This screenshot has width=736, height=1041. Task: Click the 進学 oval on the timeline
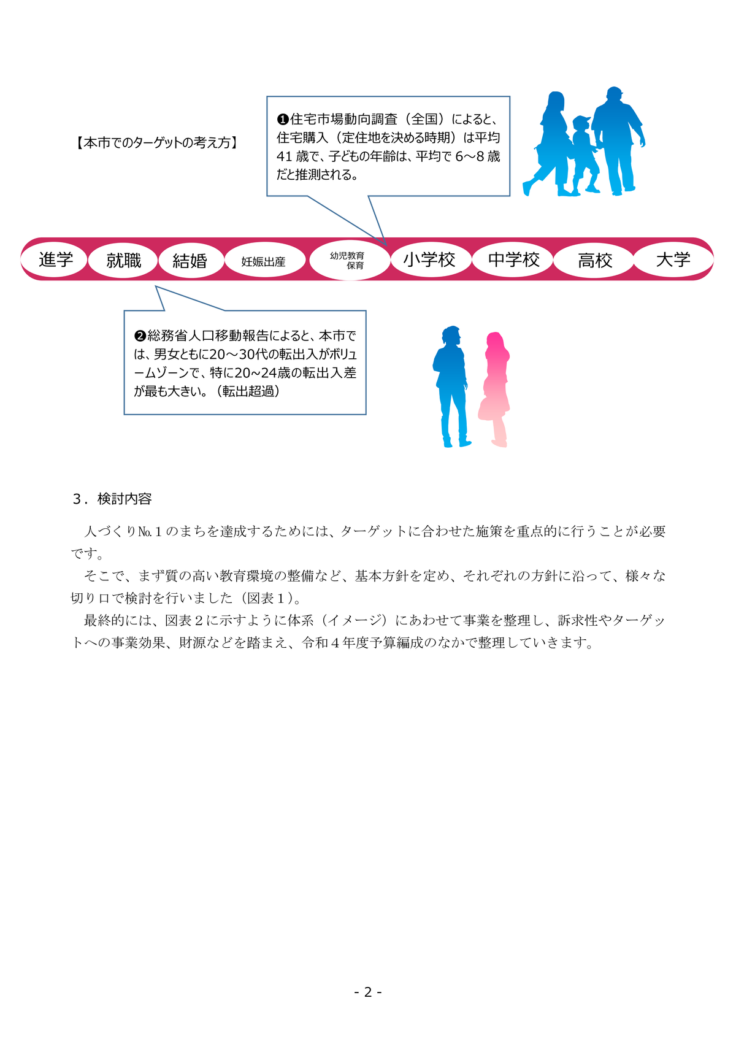point(56,260)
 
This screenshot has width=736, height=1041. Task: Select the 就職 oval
point(123,261)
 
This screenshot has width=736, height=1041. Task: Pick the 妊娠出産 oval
point(263,261)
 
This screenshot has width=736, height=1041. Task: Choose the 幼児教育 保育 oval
point(350,260)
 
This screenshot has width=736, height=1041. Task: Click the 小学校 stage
point(429,260)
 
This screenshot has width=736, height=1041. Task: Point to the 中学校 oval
point(513,260)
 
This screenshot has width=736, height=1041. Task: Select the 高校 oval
point(594,261)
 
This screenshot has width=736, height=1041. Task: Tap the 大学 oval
point(673,260)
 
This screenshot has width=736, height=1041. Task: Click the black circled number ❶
point(283,119)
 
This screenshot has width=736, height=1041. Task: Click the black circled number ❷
point(140,336)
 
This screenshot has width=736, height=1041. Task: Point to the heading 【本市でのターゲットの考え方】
point(158,143)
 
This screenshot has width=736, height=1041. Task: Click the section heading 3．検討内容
point(112,499)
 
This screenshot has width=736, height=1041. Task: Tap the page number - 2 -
point(368,992)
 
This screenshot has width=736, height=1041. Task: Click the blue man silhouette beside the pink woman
point(451,386)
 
